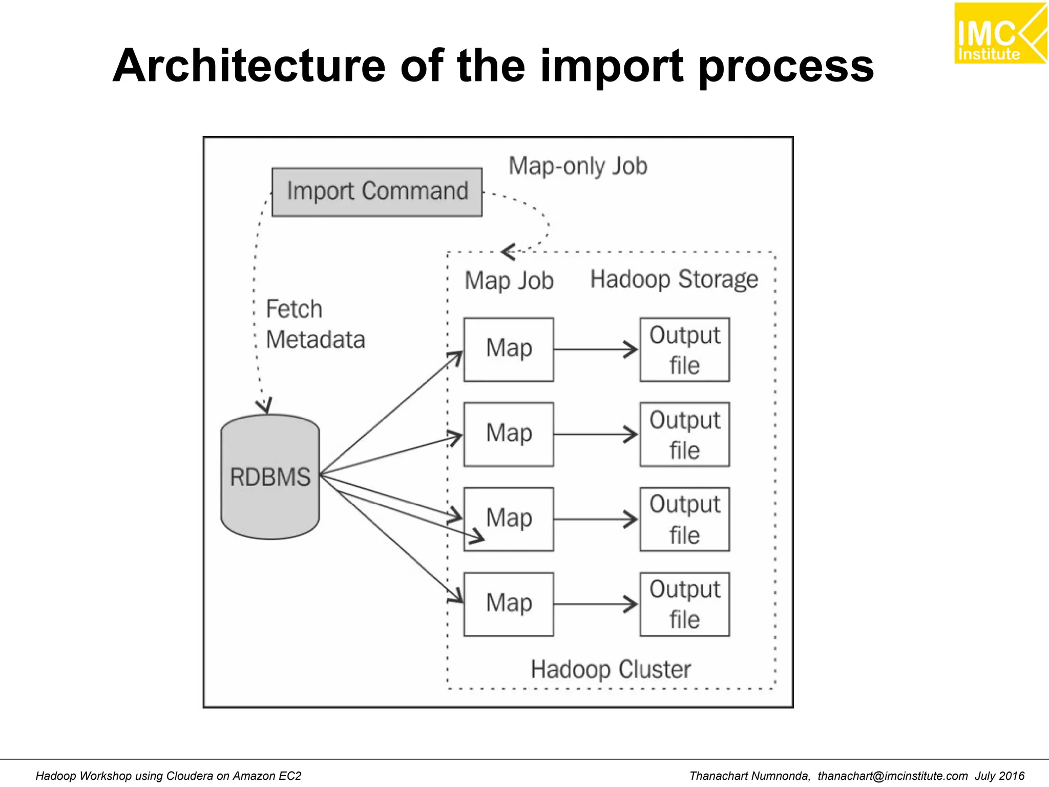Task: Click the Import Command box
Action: tap(376, 192)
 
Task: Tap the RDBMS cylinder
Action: tap(270, 477)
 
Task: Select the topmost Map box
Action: tap(508, 349)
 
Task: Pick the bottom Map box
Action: tap(508, 604)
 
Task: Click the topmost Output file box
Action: tap(684, 349)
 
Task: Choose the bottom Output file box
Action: tap(684, 604)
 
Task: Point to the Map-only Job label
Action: tap(578, 167)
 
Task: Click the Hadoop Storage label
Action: tap(674, 280)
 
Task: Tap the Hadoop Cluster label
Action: tap(610, 669)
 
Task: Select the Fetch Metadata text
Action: tap(314, 324)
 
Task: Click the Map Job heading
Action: tap(509, 281)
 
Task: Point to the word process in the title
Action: tap(786, 67)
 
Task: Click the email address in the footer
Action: tap(892, 776)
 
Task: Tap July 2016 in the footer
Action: tap(999, 776)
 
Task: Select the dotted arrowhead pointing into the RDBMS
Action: tap(264, 406)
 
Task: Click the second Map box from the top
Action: tap(508, 434)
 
